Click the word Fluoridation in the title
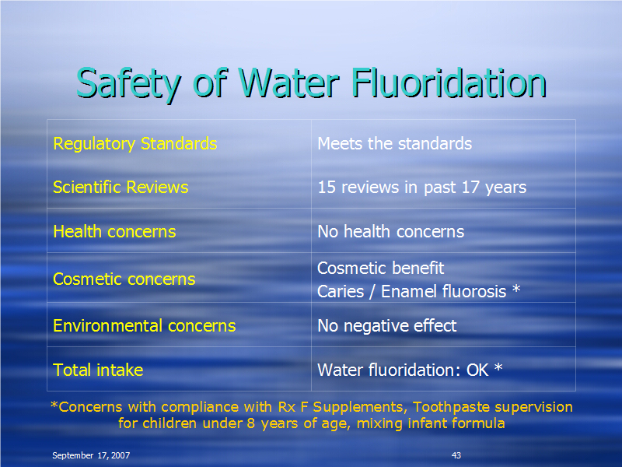(449, 83)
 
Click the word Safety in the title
(129, 85)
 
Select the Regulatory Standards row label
(135, 144)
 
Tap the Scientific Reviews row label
(121, 187)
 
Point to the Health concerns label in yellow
(114, 231)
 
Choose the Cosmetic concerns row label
(124, 279)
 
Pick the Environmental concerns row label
(145, 325)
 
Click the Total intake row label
(98, 370)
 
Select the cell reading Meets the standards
(395, 143)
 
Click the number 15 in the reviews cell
(327, 188)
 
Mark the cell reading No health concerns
(391, 231)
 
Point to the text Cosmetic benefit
(380, 268)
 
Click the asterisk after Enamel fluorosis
(516, 289)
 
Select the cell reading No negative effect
(386, 325)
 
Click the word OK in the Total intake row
(477, 370)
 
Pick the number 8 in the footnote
(250, 423)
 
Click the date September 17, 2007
(91, 455)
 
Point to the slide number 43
(456, 455)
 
